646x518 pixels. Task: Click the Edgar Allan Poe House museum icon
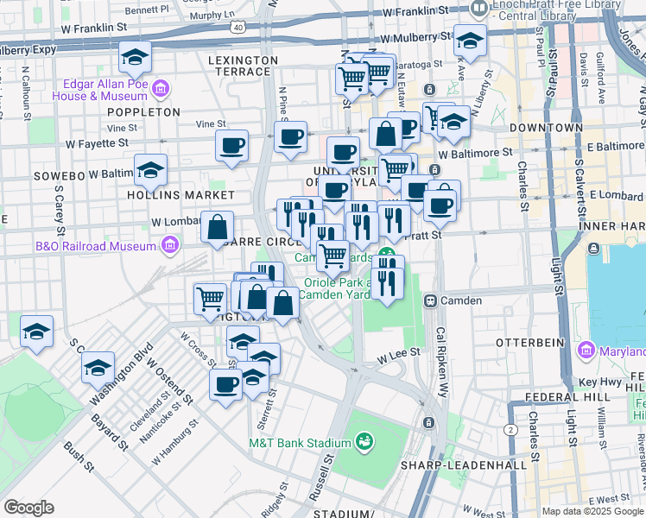click(x=160, y=90)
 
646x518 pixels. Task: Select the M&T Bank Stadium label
click(x=299, y=443)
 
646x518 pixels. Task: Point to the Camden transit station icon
click(x=429, y=300)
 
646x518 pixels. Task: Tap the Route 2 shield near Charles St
click(x=511, y=429)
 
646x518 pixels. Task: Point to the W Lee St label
click(x=397, y=352)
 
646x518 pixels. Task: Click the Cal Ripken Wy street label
click(x=443, y=353)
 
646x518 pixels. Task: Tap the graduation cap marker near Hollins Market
click(x=150, y=170)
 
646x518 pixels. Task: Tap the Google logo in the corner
click(x=28, y=508)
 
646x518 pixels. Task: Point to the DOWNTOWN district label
click(x=546, y=127)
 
